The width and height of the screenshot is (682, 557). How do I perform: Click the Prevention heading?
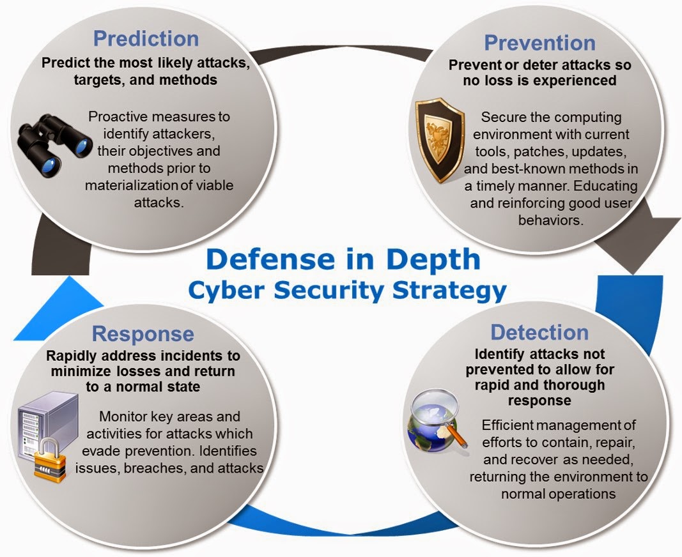pos(539,43)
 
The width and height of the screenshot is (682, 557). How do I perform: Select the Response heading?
pos(143,333)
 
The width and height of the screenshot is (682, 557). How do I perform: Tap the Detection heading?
pos(539,332)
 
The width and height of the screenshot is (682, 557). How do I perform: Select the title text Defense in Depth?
pos(343,260)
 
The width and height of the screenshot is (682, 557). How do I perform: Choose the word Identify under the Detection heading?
pos(502,354)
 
